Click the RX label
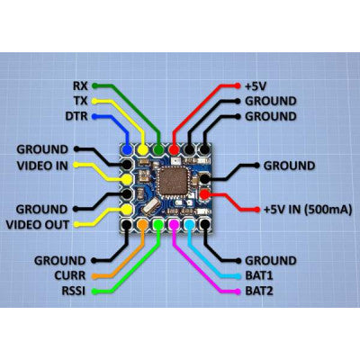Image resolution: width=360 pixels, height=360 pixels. (79, 85)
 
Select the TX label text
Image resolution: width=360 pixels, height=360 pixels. (79, 101)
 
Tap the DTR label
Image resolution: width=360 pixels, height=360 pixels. (76, 116)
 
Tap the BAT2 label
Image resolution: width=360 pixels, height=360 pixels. (261, 292)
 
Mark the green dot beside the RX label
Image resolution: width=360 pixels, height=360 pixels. (97, 85)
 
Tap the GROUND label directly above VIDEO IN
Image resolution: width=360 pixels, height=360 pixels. (41, 149)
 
